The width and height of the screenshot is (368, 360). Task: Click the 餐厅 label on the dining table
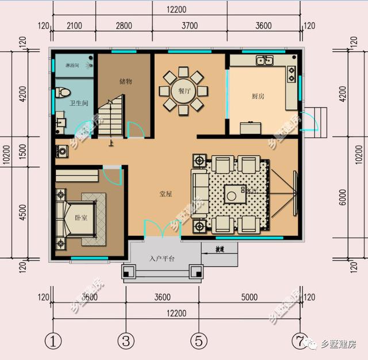[183, 91]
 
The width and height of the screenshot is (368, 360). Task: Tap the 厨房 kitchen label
[258, 97]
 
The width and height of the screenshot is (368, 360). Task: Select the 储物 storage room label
[126, 82]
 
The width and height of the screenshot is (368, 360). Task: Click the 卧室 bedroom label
[81, 217]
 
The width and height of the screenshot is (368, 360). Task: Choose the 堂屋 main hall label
[166, 194]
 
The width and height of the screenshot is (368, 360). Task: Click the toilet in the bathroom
[64, 93]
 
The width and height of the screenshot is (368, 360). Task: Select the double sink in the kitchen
[264, 59]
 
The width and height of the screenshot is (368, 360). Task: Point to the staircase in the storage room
[111, 118]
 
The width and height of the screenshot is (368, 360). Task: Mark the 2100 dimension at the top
[75, 25]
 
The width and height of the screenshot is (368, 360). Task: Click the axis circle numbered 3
[126, 340]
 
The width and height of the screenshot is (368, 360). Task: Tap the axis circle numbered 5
[198, 340]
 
